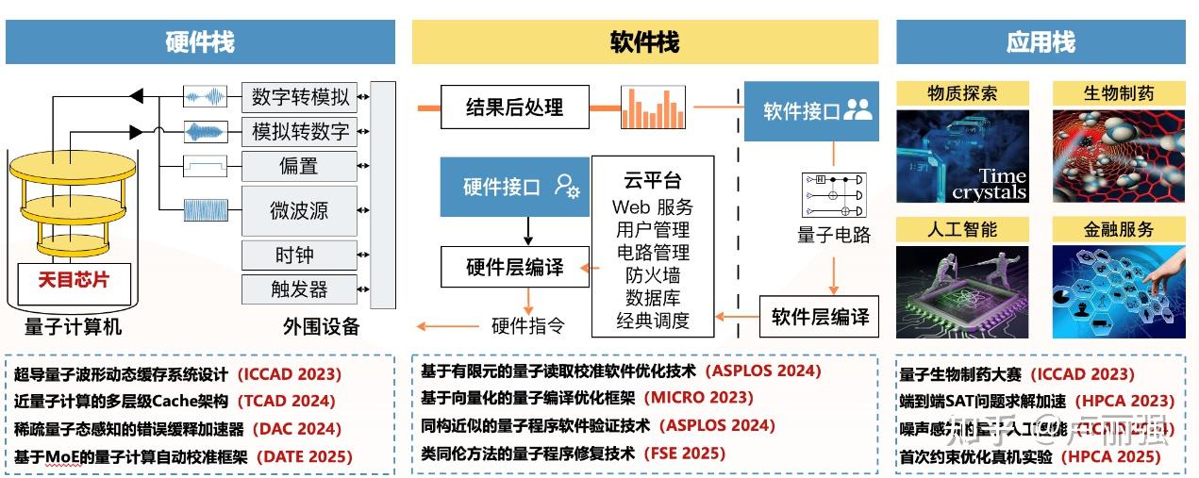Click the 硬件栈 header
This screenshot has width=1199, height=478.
pos(200,42)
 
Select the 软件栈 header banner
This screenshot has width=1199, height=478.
pos(644,42)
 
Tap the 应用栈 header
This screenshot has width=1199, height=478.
pos(1041,42)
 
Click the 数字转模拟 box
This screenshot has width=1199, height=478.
pos(300,96)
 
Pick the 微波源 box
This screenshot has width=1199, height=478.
pos(300,210)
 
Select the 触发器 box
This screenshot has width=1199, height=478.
pos(300,288)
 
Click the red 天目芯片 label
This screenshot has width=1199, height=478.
pos(73,280)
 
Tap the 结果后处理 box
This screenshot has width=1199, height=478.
pos(514,107)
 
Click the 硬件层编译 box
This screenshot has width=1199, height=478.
pos(514,268)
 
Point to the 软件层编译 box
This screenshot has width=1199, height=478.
pos(820,317)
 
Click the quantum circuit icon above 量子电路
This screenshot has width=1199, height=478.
pos(833,195)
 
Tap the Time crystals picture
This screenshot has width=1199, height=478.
pos(961,157)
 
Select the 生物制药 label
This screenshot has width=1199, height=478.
pos(1118,93)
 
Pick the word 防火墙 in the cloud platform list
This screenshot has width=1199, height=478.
pos(653,275)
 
